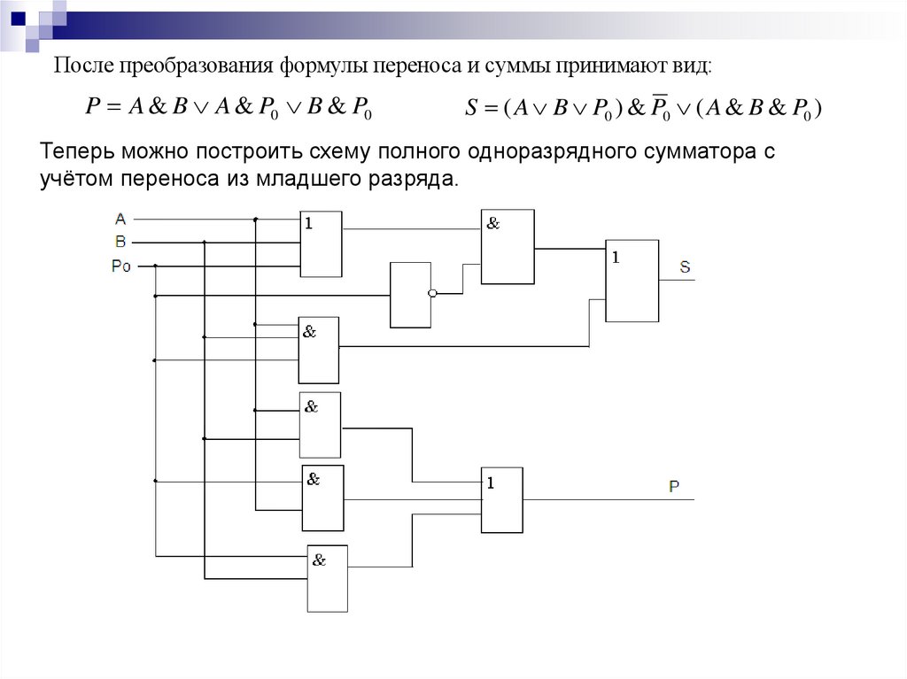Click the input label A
pyautogui.click(x=120, y=218)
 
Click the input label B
pyautogui.click(x=120, y=241)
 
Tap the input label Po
pyautogui.click(x=121, y=265)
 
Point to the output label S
pyautogui.click(x=686, y=266)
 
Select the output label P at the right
pyautogui.click(x=674, y=486)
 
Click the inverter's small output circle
pyautogui.click(x=432, y=294)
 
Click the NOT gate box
pyautogui.click(x=410, y=295)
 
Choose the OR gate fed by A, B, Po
pyautogui.click(x=321, y=244)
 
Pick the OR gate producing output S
pyautogui.click(x=632, y=281)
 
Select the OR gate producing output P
pyautogui.click(x=501, y=499)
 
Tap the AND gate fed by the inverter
pyautogui.click(x=507, y=247)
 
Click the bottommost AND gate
pyautogui.click(x=327, y=578)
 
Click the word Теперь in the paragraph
pyautogui.click(x=74, y=152)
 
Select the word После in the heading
pyautogui.click(x=79, y=67)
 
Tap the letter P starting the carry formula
pyautogui.click(x=91, y=108)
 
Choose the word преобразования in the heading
pyautogui.click(x=196, y=67)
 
